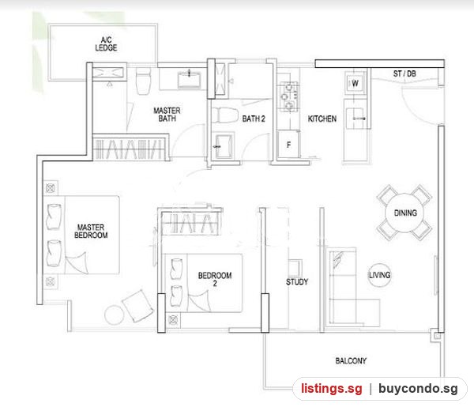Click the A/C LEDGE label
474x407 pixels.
coord(106,43)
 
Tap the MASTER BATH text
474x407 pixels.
coord(167,115)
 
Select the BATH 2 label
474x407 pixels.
coord(254,119)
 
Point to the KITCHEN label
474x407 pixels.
coord(322,119)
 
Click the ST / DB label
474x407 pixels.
coord(404,73)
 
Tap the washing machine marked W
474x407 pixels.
coord(355,82)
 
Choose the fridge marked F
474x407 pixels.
coord(288,145)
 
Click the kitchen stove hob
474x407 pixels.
coord(288,96)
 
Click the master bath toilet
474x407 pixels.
coord(143,81)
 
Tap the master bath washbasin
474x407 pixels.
coord(190,80)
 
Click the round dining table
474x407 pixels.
coord(404,213)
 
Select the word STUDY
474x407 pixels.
coord(297,282)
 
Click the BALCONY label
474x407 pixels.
coord(351,360)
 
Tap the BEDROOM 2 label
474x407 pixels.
coord(215,279)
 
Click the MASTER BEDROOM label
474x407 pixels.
coord(91,232)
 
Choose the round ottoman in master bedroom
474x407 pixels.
coord(115,315)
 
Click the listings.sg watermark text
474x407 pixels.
coord(331,389)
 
